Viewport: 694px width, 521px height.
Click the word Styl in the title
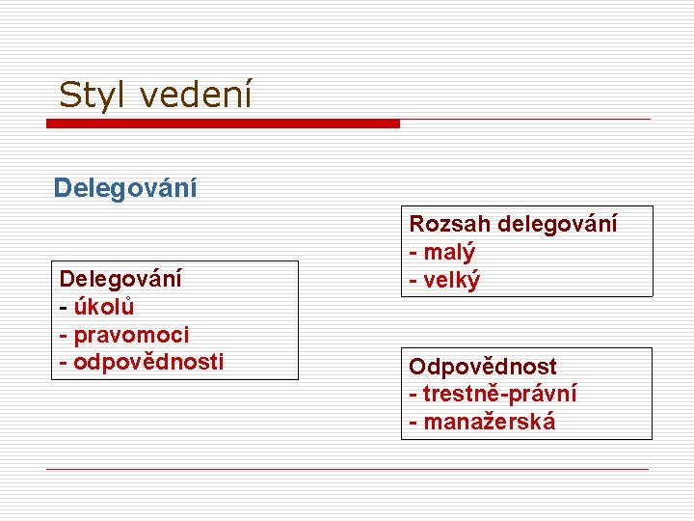[x=90, y=95]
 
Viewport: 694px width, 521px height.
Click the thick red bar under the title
[x=224, y=123]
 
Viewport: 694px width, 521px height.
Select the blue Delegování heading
[x=125, y=187]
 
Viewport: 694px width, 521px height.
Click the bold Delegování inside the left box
[x=120, y=279]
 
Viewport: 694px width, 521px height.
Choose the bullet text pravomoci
[x=131, y=335]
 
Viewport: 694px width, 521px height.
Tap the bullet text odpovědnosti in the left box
[x=148, y=362]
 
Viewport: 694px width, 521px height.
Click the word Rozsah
[x=449, y=224]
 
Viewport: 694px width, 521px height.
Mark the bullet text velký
[x=453, y=280]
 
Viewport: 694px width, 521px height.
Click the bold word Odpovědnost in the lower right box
[x=483, y=367]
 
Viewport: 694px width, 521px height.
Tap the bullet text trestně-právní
[x=500, y=394]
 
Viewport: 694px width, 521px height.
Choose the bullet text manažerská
[x=490, y=422]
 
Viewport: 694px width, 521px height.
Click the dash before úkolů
[x=64, y=308]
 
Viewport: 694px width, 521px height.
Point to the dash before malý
[x=414, y=253]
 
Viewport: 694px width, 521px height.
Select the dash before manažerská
[x=414, y=423]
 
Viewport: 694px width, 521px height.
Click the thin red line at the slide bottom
[x=347, y=469]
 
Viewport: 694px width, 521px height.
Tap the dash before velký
[x=414, y=281]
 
